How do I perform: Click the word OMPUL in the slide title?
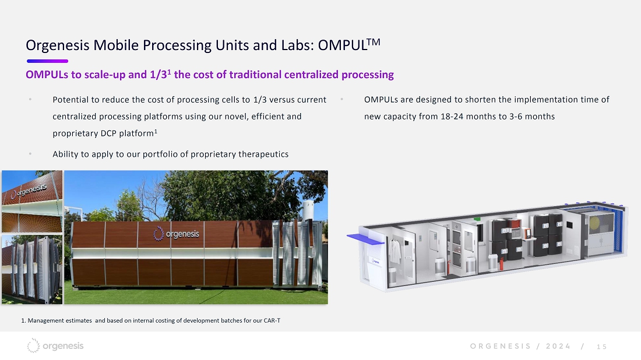pos(343,45)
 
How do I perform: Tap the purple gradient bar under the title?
pos(47,61)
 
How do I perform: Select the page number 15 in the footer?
pos(602,347)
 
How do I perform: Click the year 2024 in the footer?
pos(558,346)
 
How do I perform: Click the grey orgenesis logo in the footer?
pos(55,345)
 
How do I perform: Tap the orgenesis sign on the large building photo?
pos(176,234)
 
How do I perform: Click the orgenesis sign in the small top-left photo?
pos(29,191)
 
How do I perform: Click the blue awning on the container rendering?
pos(365,239)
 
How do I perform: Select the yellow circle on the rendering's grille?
pos(594,223)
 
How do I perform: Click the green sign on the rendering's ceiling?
pos(477,219)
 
